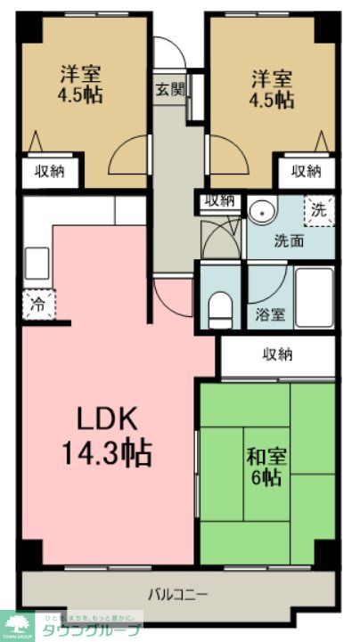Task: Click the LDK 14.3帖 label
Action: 104,435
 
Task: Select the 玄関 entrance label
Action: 169,89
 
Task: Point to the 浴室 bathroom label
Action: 270,313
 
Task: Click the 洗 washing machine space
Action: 318,209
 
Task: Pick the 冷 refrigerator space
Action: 38,303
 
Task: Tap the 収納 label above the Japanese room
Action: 277,354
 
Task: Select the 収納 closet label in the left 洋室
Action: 50,171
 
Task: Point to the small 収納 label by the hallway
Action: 219,200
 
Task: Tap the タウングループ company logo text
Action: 98,630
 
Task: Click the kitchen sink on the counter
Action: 37,262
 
